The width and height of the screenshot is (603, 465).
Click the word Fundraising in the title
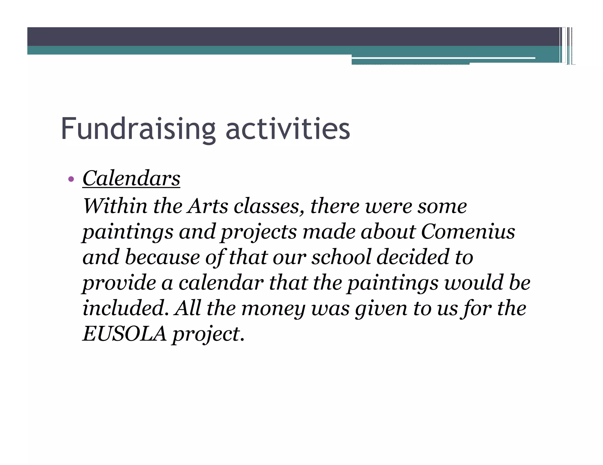tap(138, 129)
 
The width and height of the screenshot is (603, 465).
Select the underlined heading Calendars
tap(131, 178)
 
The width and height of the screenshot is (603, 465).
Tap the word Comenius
tap(468, 232)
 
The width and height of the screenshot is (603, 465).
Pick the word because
tap(162, 257)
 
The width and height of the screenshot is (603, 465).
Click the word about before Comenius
tap(388, 232)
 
